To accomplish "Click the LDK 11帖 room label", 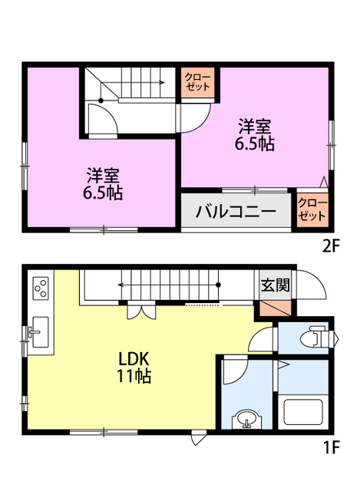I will (x=137, y=367).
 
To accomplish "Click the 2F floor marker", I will (x=330, y=246).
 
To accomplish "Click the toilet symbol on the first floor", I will (x=318, y=337).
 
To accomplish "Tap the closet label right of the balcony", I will (x=312, y=209).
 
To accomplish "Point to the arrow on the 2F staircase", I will (x=154, y=83).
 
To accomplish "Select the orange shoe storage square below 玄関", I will (x=274, y=308).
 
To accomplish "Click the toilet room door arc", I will (x=266, y=338).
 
